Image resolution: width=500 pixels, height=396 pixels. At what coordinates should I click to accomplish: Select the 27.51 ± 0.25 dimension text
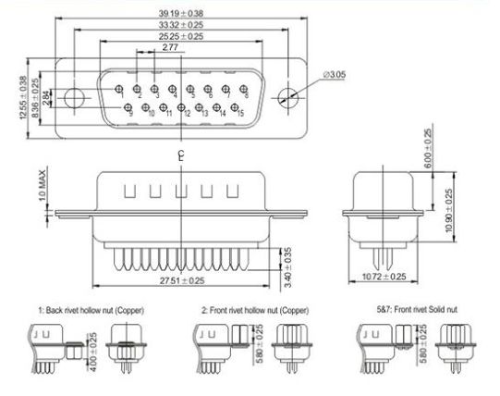coord(182,280)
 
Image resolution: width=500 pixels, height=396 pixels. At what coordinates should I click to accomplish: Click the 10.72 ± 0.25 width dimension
coord(384,277)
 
